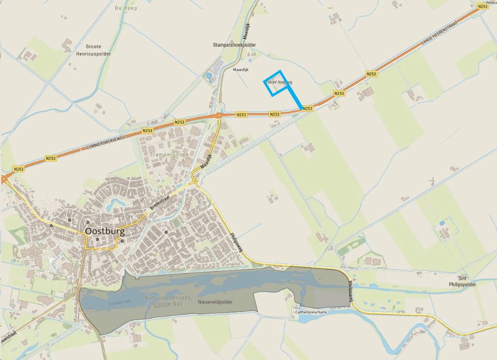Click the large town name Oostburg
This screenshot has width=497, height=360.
tap(105, 232)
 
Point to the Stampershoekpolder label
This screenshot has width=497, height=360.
tap(235, 45)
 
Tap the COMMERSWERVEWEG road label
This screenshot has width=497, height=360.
tap(105, 142)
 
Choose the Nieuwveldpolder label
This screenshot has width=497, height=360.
tap(215, 302)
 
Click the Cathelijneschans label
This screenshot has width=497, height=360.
tap(311, 312)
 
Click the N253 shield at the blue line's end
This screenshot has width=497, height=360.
tap(308, 109)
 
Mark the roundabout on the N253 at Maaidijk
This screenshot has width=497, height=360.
tap(219, 115)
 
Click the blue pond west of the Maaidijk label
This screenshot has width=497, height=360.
tap(209, 76)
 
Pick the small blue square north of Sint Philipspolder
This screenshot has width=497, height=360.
tap(442, 223)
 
